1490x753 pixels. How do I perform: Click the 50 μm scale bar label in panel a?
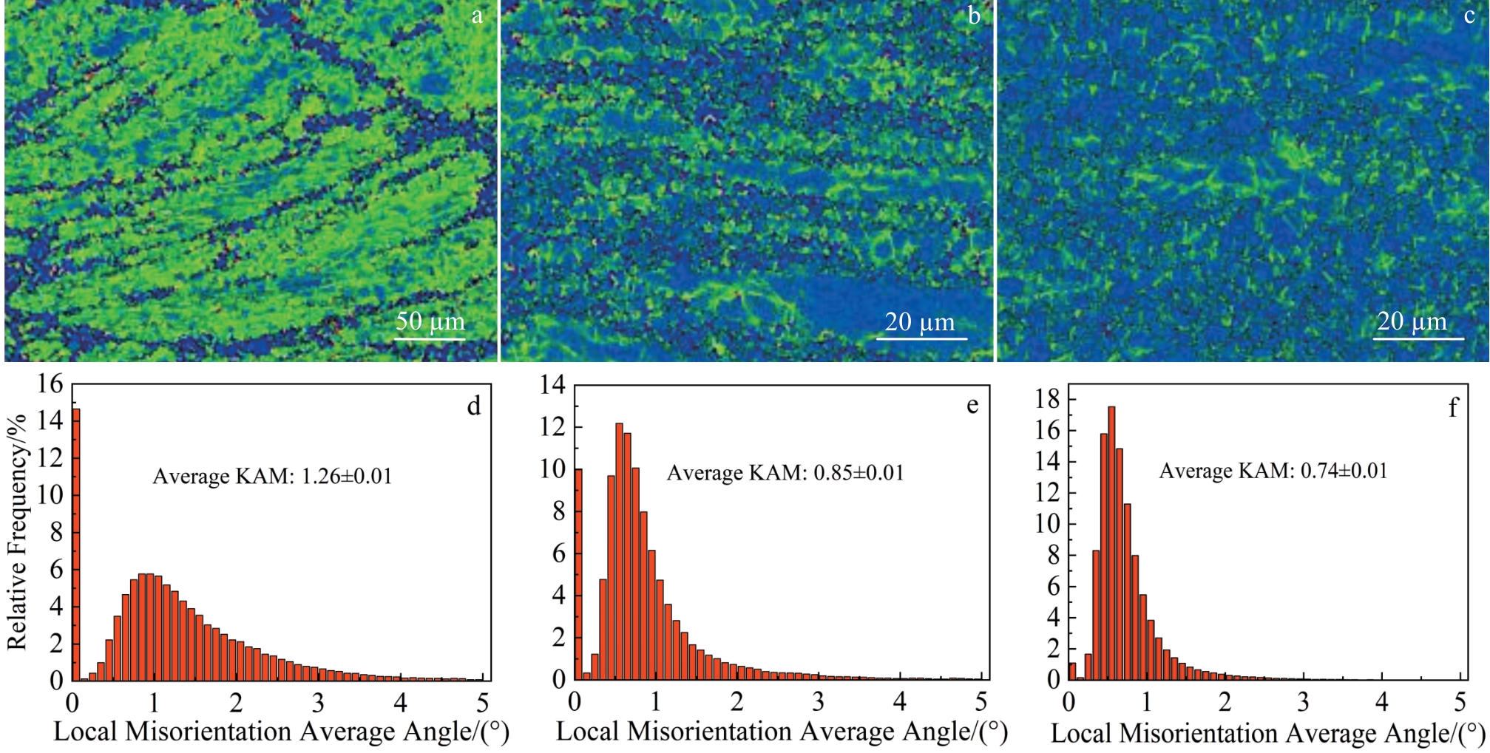(x=430, y=322)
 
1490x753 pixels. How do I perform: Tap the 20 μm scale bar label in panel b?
(x=920, y=322)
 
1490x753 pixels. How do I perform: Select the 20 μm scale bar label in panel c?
(x=1412, y=321)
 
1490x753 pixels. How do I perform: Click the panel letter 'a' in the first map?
(x=477, y=16)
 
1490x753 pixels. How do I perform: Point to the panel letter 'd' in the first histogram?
(x=473, y=406)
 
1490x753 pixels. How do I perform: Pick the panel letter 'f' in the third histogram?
(x=1453, y=408)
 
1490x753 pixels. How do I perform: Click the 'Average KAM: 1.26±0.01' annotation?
(x=272, y=477)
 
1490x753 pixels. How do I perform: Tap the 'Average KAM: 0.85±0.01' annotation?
(x=785, y=473)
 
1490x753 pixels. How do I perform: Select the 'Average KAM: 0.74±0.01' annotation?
(x=1273, y=471)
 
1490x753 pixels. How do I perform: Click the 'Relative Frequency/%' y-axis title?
(x=17, y=532)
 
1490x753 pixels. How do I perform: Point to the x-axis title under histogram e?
(x=782, y=732)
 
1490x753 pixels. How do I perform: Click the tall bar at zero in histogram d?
(x=75, y=544)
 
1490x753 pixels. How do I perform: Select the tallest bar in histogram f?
(x=1111, y=543)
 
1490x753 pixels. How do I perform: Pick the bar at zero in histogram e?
(x=578, y=574)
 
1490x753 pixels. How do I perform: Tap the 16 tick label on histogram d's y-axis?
(x=50, y=384)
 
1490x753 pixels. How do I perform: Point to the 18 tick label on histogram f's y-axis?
(x=1048, y=399)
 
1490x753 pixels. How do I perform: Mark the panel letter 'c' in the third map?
(x=1469, y=16)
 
